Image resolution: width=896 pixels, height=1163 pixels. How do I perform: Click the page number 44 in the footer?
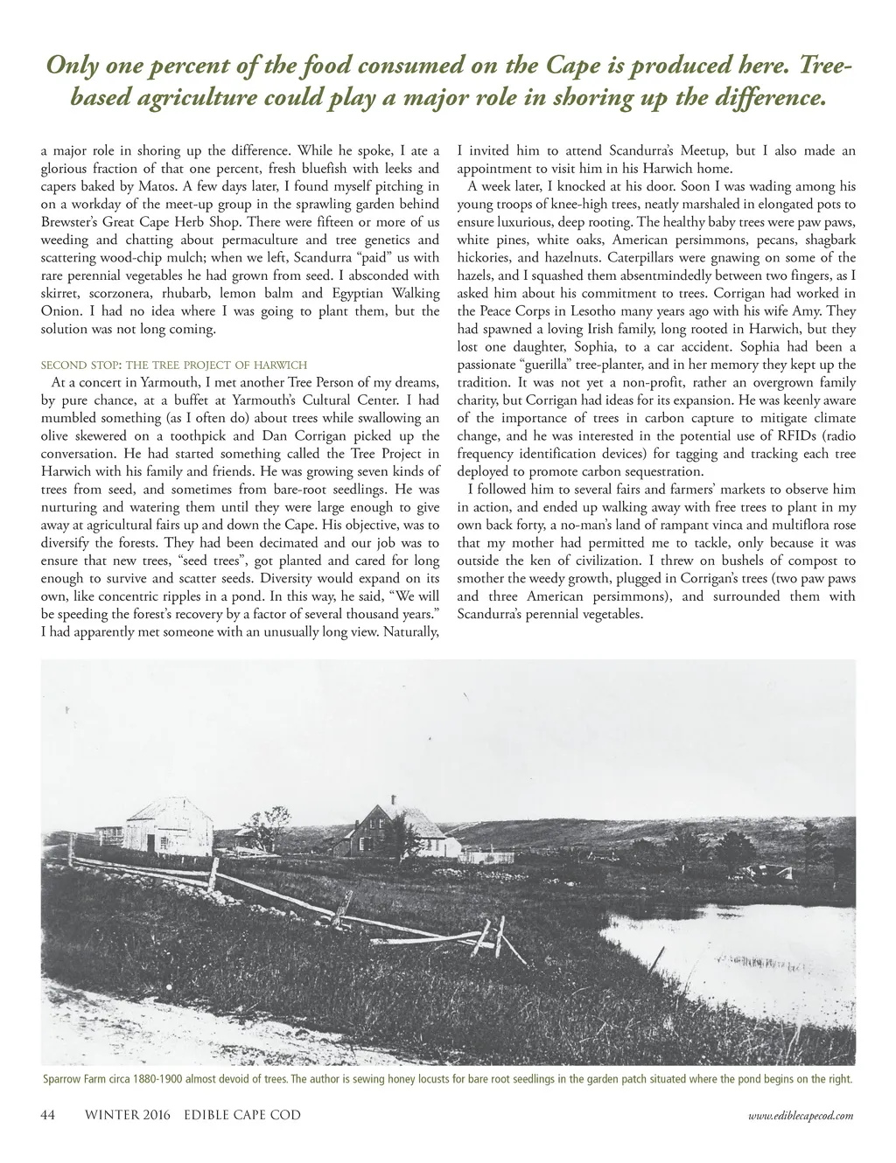[49, 1116]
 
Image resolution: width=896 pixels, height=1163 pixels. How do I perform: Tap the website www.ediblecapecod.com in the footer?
[801, 1117]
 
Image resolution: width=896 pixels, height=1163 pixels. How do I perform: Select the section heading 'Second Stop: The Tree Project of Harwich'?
[174, 365]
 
